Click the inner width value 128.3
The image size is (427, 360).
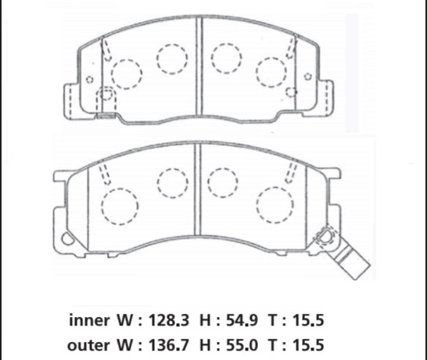pyautogui.click(x=168, y=320)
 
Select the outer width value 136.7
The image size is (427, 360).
pyautogui.click(x=168, y=345)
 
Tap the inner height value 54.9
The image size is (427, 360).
pyautogui.click(x=242, y=320)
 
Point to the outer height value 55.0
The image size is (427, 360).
pyautogui.click(x=242, y=345)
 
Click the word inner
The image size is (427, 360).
pyautogui.click(x=90, y=320)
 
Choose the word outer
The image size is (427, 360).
pyautogui.click(x=88, y=346)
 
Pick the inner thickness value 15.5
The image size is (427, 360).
pyautogui.click(x=308, y=320)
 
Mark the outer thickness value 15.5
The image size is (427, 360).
pyautogui.click(x=308, y=345)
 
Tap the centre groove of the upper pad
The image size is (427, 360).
pyautogui.click(x=199, y=67)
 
